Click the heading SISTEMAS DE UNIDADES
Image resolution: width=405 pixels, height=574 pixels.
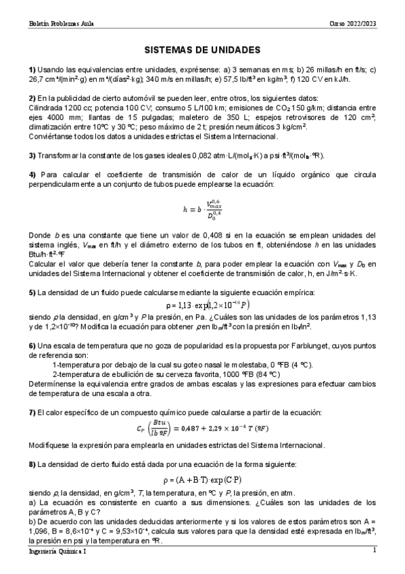click(x=203, y=49)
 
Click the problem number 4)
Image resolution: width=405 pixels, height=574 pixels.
click(x=32, y=175)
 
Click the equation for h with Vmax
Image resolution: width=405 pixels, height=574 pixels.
click(x=202, y=211)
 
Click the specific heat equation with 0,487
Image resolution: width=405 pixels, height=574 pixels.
click(x=202, y=430)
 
